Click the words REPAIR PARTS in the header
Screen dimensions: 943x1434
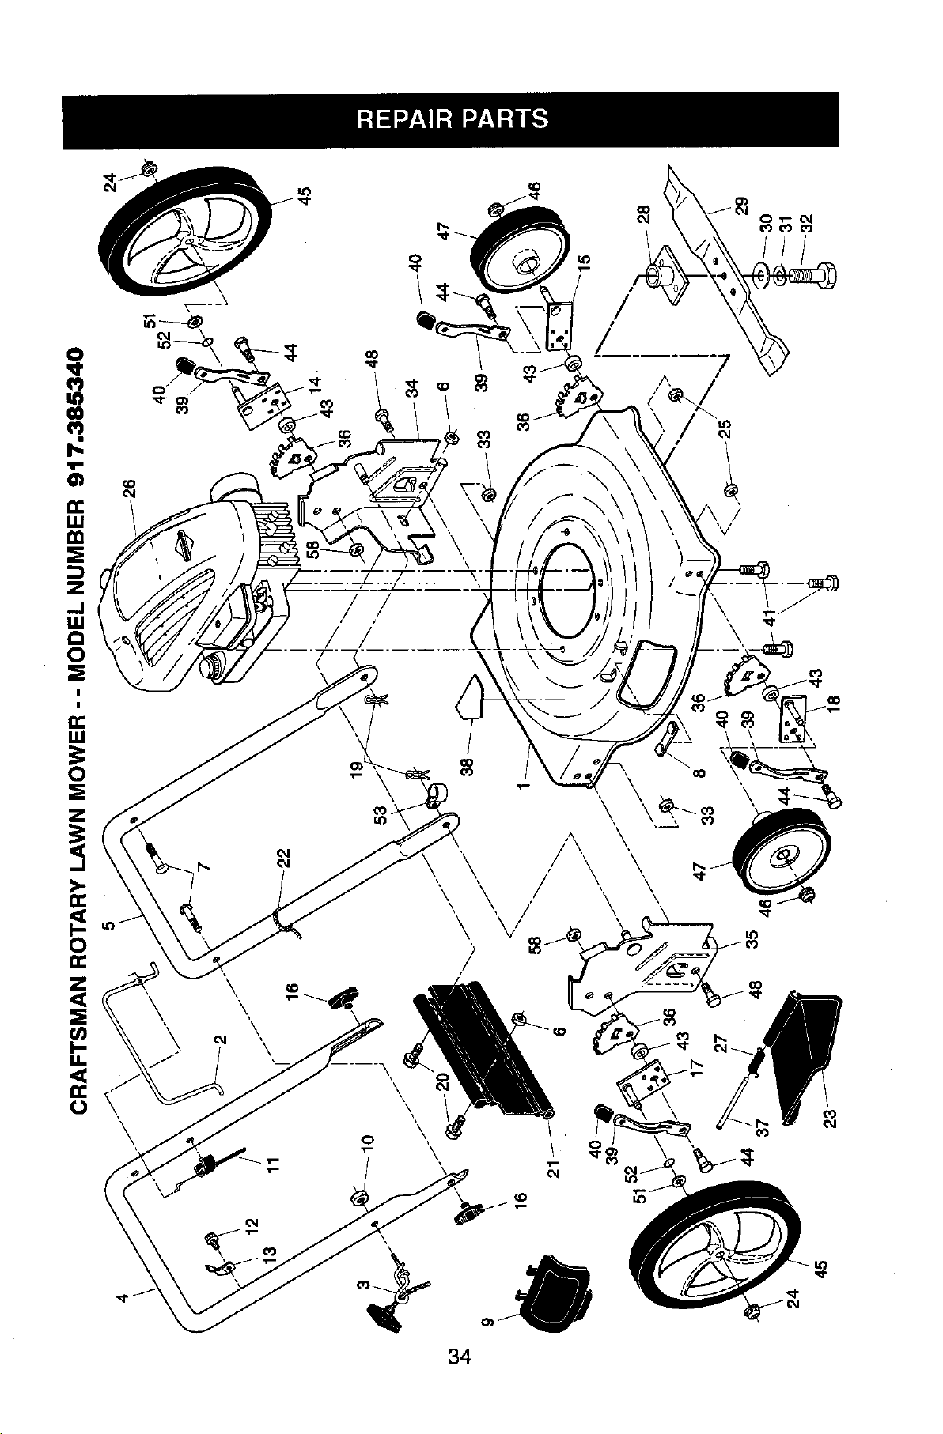click(451, 119)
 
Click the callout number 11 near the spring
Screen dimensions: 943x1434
click(273, 1163)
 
